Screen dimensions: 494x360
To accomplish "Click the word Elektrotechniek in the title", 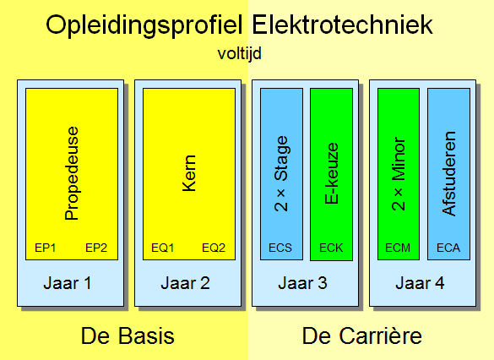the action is tap(343, 25).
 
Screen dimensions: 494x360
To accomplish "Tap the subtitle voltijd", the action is tap(240, 53).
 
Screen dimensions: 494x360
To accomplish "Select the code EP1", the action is tap(46, 248).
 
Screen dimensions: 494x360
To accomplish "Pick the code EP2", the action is tap(96, 248).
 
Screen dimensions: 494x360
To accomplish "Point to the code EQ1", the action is tap(163, 248).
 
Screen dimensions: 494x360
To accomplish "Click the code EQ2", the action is tap(214, 248).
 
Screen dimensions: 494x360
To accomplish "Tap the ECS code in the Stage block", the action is tap(280, 248).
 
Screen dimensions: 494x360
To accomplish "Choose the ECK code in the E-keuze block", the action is tap(331, 248).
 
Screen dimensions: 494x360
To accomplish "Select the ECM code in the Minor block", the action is tap(398, 248).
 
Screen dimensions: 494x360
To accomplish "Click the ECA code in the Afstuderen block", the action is tap(448, 248).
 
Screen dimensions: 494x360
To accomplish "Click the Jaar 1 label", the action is tap(68, 283).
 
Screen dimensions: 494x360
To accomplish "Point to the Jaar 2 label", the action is tap(185, 283).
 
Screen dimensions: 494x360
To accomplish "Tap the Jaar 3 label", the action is tap(303, 283).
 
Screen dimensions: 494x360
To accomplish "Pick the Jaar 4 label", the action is tap(420, 283).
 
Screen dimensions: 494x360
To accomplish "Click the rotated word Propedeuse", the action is tap(72, 173).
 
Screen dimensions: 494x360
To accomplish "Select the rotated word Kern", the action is tap(189, 173).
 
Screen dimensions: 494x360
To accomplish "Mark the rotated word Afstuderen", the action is tap(448, 173).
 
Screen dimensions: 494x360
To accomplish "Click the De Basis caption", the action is tap(128, 336).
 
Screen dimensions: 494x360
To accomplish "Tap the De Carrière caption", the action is tap(362, 336).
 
